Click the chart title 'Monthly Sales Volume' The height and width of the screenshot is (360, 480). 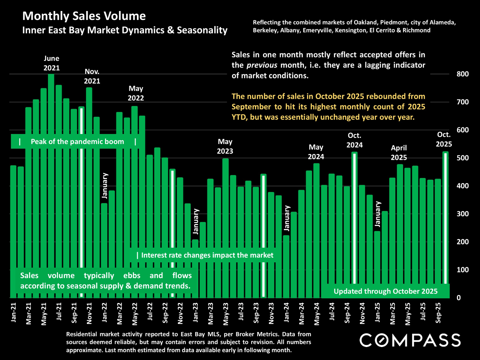pos(84,16)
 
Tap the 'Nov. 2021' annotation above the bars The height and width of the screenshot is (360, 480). pos(92,76)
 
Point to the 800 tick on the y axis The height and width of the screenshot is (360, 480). pos(462,74)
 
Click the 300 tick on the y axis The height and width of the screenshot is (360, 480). pos(462,214)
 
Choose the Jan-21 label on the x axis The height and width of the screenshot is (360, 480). pos(14,312)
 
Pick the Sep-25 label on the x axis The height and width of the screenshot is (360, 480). pos(438,313)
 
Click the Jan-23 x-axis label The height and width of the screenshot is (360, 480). pos(196,312)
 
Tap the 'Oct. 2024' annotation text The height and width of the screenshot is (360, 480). pos(354,140)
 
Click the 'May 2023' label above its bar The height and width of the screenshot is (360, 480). pos(225,147)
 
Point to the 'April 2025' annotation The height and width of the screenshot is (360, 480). pos(399,153)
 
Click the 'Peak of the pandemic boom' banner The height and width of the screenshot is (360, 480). pos(77,142)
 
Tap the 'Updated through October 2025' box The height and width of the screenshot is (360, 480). pos(385,291)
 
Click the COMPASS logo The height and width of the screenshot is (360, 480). pos(410,340)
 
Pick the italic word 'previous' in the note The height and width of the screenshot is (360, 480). pos(262,65)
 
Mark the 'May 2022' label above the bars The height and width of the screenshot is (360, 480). pos(136,93)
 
